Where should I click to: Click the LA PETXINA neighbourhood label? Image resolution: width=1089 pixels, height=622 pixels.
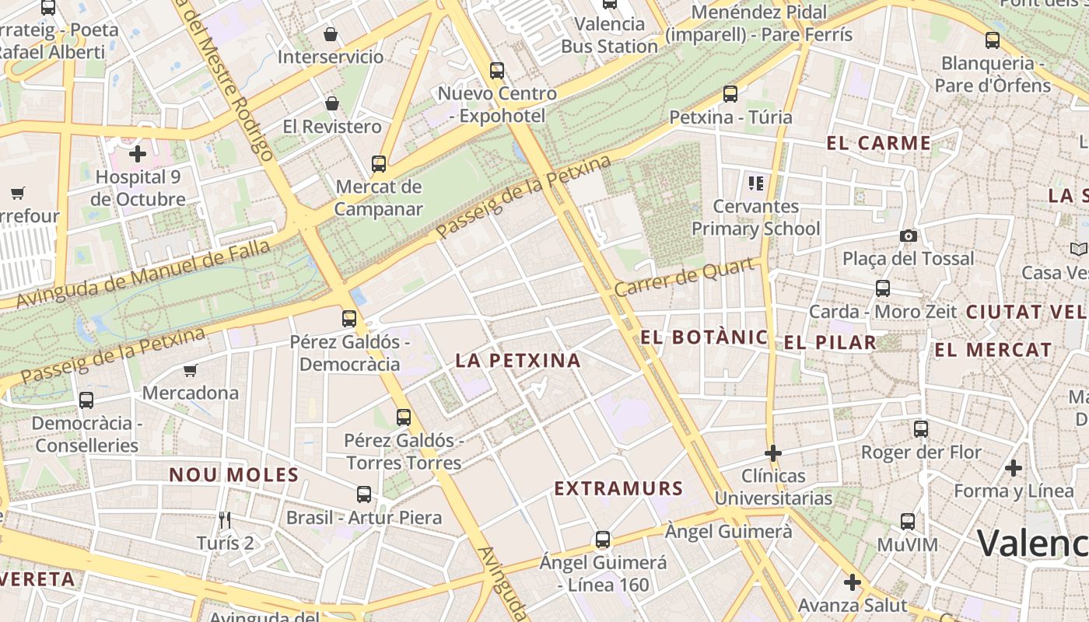point(518,361)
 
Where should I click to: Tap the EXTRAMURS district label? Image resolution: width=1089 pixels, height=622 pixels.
point(618,489)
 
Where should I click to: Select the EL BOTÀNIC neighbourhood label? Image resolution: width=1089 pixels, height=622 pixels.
point(704,337)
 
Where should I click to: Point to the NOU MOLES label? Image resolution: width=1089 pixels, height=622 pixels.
point(234,475)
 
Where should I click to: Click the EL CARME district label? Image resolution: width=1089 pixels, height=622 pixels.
point(878,143)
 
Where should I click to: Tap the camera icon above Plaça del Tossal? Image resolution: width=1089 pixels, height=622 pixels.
point(908,236)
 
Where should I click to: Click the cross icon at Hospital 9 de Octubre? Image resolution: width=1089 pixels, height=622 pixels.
point(138,154)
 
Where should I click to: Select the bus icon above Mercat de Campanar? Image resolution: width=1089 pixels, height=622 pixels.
point(379,164)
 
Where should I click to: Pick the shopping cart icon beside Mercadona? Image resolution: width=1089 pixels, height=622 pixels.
point(191,370)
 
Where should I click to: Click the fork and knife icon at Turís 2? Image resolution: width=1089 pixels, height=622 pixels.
point(225,520)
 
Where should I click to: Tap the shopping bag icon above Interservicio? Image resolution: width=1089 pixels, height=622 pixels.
point(331,34)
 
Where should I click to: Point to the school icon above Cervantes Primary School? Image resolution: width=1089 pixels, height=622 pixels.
point(755,183)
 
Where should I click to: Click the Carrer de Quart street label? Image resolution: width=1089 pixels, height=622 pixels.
point(686,278)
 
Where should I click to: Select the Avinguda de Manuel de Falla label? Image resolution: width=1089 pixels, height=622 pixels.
point(144,274)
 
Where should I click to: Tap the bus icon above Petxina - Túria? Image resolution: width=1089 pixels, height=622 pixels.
point(730,94)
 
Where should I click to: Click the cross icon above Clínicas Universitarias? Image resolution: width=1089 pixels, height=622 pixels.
point(773,453)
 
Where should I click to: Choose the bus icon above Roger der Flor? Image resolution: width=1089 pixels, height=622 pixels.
point(921,428)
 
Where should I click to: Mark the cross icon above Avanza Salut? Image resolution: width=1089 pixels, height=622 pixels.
point(853,582)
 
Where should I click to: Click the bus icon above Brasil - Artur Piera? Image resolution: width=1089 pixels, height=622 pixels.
point(363,494)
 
